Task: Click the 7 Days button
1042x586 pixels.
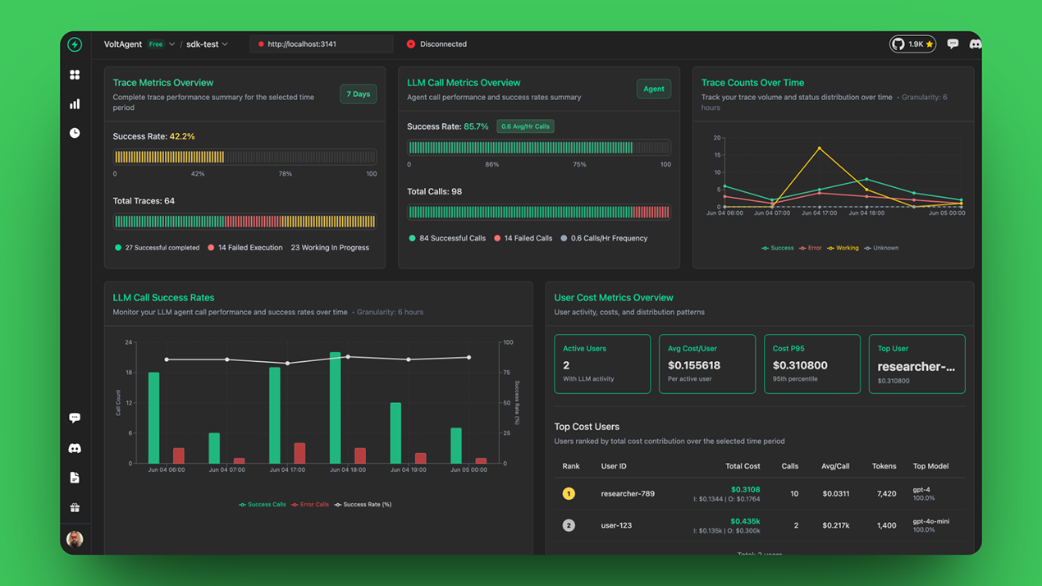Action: tap(358, 94)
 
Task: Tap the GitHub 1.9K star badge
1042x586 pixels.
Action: tap(912, 44)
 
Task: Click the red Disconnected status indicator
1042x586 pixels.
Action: tap(411, 44)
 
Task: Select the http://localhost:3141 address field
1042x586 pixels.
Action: tap(321, 44)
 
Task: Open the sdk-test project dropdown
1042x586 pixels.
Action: tap(207, 44)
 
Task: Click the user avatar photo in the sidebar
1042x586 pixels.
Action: tap(75, 539)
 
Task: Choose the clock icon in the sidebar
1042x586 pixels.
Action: tap(75, 133)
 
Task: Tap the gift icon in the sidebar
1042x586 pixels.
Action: tap(75, 508)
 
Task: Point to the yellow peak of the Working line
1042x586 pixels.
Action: tap(820, 149)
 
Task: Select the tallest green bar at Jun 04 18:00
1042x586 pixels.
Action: tap(335, 408)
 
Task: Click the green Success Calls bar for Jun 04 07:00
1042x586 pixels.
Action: tap(214, 448)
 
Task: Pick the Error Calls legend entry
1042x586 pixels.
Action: tap(311, 505)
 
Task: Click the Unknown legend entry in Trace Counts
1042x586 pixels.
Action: tap(882, 248)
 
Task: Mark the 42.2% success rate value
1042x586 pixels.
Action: tap(182, 136)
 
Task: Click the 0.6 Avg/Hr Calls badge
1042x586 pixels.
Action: tap(525, 126)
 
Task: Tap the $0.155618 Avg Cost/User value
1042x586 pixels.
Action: tap(694, 365)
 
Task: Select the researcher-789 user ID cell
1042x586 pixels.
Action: tap(628, 494)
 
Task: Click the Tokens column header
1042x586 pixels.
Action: tap(884, 466)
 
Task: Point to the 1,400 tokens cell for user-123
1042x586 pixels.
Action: tap(886, 525)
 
